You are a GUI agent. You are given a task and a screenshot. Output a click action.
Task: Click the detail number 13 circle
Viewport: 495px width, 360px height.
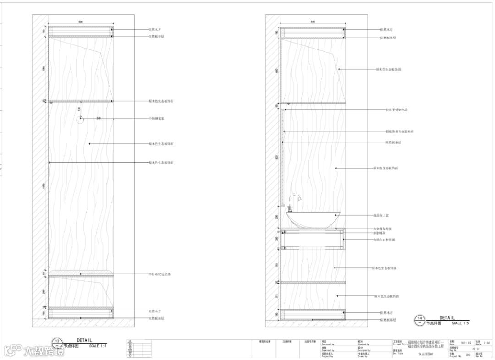point(57,343)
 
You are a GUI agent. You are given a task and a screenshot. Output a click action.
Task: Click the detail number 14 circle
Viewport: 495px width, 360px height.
point(419,320)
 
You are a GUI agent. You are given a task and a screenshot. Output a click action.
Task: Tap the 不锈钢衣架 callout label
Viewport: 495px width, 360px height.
point(156,119)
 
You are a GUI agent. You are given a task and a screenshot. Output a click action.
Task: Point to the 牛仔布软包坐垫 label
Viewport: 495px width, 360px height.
point(159,274)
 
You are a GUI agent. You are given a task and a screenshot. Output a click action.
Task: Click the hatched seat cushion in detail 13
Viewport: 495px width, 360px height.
point(81,273)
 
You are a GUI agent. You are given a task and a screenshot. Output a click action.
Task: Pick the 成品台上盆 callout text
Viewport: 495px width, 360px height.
point(381,215)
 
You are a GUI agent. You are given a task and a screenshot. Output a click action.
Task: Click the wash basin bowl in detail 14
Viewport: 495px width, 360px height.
point(313,218)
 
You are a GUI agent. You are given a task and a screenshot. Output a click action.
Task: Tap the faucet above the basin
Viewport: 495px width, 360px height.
point(295,199)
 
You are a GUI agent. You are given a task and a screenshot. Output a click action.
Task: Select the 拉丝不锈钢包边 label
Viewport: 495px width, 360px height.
point(396,110)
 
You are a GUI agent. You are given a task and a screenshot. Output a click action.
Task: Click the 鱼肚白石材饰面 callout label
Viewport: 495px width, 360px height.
point(384,240)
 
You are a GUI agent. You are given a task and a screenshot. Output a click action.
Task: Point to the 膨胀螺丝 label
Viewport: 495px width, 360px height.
point(381,234)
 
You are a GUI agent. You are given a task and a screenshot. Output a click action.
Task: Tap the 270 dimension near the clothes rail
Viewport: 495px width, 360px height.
point(98,118)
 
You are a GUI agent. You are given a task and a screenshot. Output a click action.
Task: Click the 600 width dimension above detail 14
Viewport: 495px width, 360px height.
point(313,22)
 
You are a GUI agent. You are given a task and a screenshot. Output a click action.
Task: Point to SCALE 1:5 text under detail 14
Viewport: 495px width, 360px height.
point(460,323)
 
